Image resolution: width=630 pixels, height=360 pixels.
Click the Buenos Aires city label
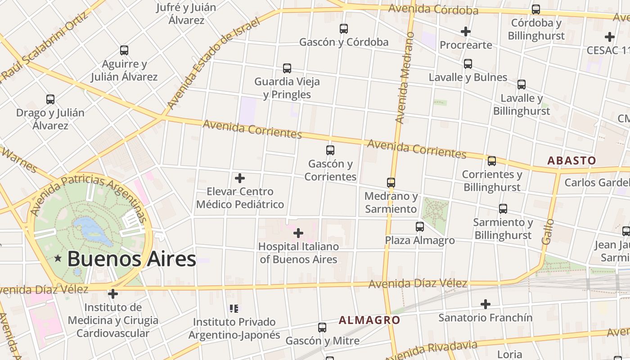(131, 259)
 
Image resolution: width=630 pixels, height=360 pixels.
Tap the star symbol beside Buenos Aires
(58, 258)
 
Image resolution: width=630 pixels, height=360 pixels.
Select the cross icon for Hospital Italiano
(298, 233)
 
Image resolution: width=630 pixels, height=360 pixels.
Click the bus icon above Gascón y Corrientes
(330, 150)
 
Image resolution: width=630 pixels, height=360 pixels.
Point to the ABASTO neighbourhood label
(571, 161)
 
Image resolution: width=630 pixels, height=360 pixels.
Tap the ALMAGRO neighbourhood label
(369, 320)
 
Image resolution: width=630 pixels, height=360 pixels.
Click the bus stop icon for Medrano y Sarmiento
(391, 183)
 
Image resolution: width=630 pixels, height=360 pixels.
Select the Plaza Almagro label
(419, 240)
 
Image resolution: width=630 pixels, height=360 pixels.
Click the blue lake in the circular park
(92, 228)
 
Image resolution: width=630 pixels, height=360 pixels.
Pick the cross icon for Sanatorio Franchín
(485, 304)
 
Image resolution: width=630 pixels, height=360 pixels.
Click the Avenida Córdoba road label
(433, 9)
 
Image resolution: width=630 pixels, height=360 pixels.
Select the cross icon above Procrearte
(466, 31)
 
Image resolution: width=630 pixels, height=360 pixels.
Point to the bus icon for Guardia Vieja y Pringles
(287, 68)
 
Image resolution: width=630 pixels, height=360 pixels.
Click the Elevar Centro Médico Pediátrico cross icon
(240, 178)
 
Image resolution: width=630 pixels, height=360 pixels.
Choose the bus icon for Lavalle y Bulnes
(468, 64)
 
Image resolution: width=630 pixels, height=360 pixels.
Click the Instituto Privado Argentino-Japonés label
(234, 328)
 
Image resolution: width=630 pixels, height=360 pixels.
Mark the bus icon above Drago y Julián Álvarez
(50, 99)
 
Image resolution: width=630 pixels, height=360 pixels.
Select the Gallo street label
(548, 231)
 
